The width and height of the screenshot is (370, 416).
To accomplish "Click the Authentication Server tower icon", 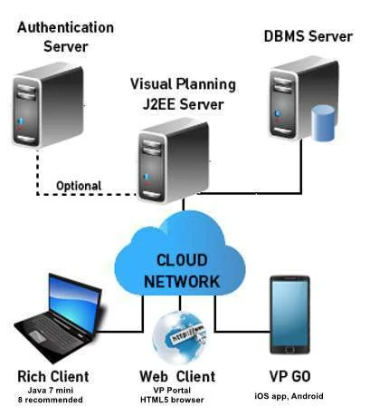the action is coord(48,105).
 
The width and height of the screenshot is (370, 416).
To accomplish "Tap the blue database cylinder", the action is coord(323,123).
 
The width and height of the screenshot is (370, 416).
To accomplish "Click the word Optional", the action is coord(79,186).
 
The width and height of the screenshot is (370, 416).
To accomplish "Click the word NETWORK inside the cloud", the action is coord(182,282).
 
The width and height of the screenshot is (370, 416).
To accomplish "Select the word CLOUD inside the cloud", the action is coord(182,260).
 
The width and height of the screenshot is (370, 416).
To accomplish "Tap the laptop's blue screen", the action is coord(74,303).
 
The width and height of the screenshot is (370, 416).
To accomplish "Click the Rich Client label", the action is coord(53,377).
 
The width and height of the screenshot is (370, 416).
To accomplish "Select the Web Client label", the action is coord(177,377).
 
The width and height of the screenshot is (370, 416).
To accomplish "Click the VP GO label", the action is coord(289,377).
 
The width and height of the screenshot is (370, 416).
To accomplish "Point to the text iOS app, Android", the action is coord(289,396).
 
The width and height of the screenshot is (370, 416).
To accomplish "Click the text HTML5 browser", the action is coord(172,400).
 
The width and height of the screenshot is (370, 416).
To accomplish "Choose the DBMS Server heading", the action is coord(308,36).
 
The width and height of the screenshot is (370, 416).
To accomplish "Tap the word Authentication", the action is coord(66,27).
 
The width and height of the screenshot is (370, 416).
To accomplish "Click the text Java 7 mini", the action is coord(51,391).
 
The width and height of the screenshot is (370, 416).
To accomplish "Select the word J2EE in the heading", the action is coord(159,104).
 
